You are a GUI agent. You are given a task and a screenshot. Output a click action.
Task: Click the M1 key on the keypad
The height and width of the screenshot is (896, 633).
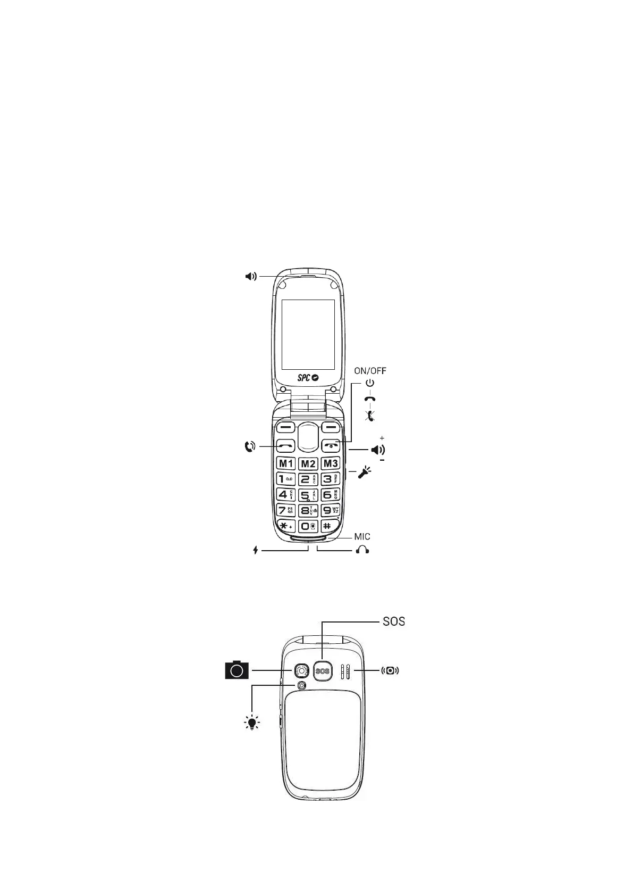point(286,463)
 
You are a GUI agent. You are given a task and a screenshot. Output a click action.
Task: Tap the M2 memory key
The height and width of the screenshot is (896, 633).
point(308,463)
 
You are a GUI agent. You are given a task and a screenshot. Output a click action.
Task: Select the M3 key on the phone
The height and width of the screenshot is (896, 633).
point(331,463)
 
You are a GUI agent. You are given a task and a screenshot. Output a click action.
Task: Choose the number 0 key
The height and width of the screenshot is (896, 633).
point(308,526)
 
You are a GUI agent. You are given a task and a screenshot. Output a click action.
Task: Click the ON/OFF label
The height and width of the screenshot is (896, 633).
point(370,371)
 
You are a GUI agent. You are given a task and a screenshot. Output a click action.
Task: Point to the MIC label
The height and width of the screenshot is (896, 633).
point(362,536)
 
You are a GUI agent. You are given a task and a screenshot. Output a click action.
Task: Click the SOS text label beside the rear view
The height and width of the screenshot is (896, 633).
point(394,621)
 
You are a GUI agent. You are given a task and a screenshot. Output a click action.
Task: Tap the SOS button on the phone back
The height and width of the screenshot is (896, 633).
point(323,671)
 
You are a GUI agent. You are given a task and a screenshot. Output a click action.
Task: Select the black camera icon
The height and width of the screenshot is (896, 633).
point(237,670)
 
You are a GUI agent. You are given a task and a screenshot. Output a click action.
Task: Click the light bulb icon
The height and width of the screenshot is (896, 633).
point(252,723)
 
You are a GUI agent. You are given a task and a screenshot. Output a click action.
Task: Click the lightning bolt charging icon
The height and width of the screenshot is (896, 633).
point(256,550)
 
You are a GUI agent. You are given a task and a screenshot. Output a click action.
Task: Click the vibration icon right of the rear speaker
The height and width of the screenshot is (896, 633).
point(391,670)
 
